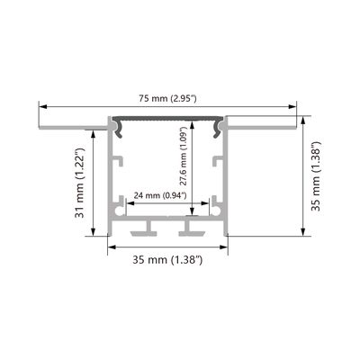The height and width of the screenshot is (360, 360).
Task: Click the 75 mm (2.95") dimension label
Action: point(167,98)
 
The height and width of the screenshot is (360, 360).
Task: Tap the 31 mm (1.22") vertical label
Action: point(80,183)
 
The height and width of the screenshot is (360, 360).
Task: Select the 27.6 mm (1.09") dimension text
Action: point(184,157)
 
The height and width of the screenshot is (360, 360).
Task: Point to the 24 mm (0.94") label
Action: point(160,196)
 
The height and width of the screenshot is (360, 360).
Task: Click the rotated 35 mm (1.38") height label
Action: point(316,175)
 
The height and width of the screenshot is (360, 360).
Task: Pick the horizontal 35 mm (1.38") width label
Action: point(167,259)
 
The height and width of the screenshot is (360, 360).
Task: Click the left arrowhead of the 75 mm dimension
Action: point(43,106)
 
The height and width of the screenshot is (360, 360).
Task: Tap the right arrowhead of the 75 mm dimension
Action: point(292,106)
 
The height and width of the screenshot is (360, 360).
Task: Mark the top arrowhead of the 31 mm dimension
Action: point(93,134)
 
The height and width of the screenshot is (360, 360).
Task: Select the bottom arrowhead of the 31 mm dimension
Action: point(93,231)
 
